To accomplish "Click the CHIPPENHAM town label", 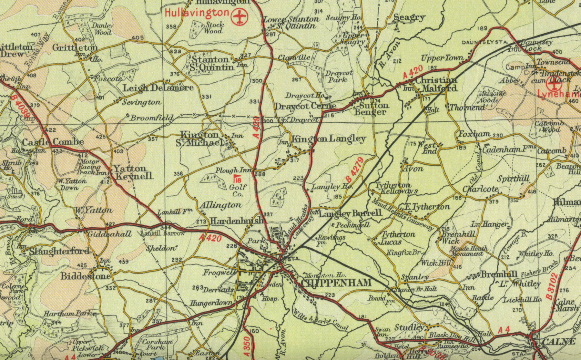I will pos(336,283).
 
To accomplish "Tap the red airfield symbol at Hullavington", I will pos(239,17).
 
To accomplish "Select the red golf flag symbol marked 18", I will pos(238,179).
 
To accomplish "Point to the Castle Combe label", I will pos(53,142).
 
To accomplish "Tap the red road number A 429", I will pos(256,127).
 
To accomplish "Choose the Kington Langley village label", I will pos(329,139).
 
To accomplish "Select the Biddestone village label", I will pos(86,276).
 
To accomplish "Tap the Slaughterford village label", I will pos(59,251).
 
